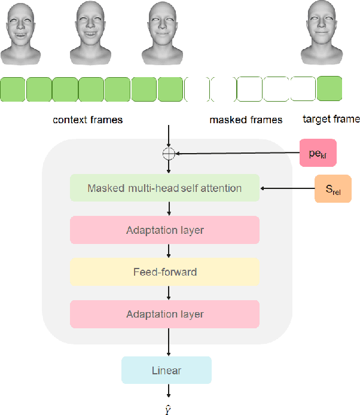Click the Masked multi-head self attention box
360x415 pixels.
click(x=164, y=188)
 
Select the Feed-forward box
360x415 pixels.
click(x=164, y=272)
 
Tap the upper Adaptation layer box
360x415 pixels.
click(x=164, y=230)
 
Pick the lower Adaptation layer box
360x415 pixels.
click(x=164, y=314)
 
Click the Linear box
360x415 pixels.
click(x=166, y=370)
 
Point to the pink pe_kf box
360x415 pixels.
click(x=318, y=154)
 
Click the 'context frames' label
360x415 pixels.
click(x=87, y=120)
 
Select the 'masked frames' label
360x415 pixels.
click(x=246, y=120)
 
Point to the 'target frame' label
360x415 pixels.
click(x=331, y=119)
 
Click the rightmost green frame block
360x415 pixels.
click(x=330, y=89)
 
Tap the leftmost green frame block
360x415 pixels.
click(x=12, y=89)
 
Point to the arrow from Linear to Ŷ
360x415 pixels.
click(x=169, y=391)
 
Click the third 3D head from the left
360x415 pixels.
click(x=164, y=33)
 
